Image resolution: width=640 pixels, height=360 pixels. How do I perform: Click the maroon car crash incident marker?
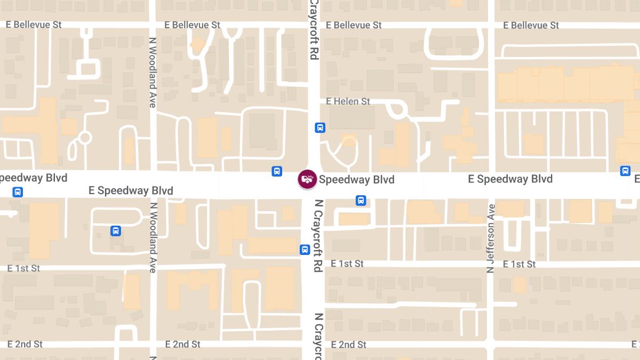(x=307, y=179)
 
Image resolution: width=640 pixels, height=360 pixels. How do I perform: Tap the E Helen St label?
(x=348, y=101)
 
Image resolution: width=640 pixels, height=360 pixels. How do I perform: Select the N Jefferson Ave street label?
(x=491, y=238)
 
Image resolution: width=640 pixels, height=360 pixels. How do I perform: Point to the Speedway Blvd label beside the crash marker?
(x=357, y=180)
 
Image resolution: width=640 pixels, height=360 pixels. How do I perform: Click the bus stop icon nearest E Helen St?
(x=320, y=127)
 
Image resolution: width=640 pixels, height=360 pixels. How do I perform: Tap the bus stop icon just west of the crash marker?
(x=277, y=171)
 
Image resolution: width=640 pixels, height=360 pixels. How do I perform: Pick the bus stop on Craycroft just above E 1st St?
(x=305, y=249)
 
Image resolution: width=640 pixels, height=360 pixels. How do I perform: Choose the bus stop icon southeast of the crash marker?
(x=361, y=201)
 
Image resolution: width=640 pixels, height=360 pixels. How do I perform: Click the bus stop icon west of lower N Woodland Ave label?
(x=116, y=231)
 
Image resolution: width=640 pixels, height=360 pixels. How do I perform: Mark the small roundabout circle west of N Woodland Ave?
(x=84, y=138)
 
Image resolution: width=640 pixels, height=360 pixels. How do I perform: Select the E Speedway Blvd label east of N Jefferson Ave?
(x=510, y=179)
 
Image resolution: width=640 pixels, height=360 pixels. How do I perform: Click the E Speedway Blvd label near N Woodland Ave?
(x=131, y=190)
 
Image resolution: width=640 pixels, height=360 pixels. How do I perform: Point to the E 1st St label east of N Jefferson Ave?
(x=515, y=264)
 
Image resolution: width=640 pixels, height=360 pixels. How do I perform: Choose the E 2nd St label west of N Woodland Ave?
(x=25, y=345)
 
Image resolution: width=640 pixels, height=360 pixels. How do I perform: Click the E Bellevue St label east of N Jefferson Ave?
(x=532, y=25)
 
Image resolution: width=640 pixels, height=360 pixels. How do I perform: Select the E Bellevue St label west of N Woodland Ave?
(x=34, y=25)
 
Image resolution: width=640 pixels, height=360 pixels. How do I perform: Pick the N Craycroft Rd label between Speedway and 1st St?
(x=319, y=236)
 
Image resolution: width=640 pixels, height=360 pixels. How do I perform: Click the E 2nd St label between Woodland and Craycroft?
(x=183, y=345)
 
